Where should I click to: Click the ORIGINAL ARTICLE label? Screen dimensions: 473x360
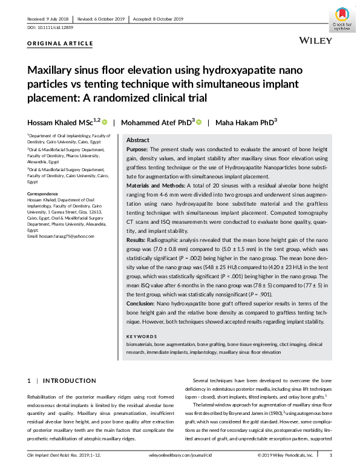click(61, 44)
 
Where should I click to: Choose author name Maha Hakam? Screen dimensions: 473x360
click(246, 122)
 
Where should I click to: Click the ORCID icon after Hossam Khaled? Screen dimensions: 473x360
click(103, 122)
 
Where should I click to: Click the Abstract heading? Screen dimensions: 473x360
click(138, 139)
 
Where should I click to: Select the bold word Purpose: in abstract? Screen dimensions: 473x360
click(139, 148)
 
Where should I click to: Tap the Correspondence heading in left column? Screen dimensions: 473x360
click(44, 193)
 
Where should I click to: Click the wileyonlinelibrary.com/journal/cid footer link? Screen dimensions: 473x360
click(180, 455)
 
